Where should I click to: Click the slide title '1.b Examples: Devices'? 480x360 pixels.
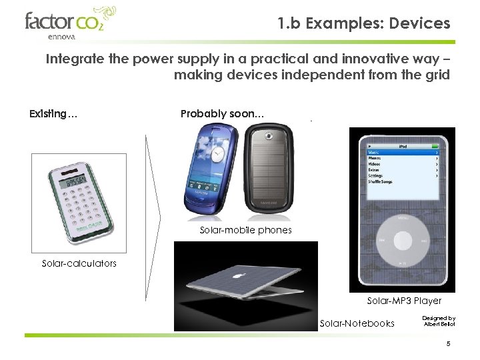(364, 23)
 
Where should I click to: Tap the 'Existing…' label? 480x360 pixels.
(53, 114)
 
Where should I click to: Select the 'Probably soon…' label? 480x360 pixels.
(222, 114)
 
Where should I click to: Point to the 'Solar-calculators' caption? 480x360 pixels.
(79, 263)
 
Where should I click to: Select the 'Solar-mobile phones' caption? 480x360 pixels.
(245, 230)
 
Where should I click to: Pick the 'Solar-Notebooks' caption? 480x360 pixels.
(357, 323)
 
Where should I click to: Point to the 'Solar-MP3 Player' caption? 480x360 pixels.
(404, 301)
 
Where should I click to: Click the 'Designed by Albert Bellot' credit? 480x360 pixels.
(439, 321)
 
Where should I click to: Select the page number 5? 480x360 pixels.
(449, 344)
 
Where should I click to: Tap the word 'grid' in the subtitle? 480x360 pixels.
(438, 75)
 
